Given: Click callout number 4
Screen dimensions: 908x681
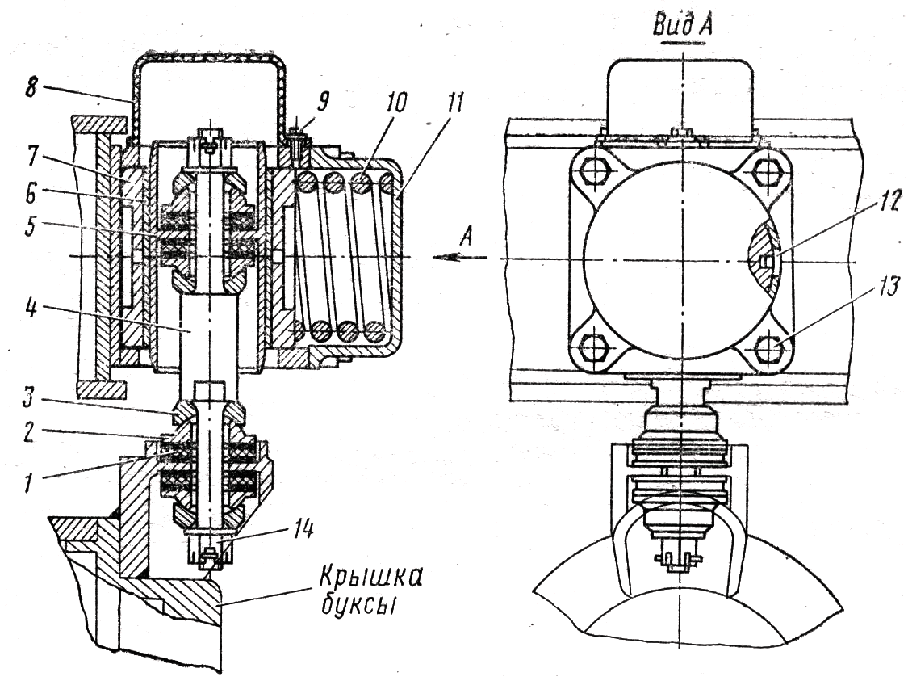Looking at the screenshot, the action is click(x=31, y=309).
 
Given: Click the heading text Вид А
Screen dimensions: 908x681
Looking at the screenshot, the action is click(x=682, y=26).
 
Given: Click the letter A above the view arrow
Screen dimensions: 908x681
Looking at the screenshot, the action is click(x=467, y=237).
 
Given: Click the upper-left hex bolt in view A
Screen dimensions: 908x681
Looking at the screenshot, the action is click(x=593, y=172).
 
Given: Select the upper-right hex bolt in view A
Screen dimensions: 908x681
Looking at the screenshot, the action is click(x=768, y=172).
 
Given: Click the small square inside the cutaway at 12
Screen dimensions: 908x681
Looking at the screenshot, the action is click(x=766, y=262).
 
